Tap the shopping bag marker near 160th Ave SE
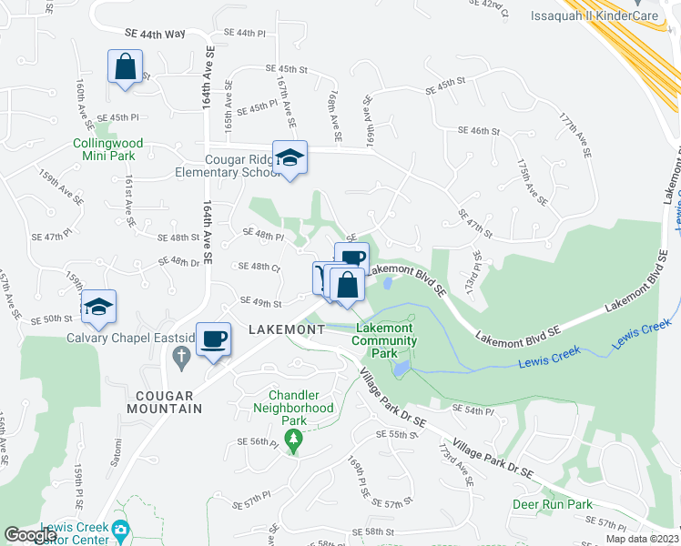[125, 68]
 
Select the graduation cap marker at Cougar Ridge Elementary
[290, 158]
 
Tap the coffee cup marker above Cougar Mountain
[214, 339]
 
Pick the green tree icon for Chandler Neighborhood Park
[293, 442]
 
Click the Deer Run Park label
[552, 504]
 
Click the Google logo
[30, 535]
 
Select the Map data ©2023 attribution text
[641, 539]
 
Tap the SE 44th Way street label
[155, 34]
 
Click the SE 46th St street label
[480, 131]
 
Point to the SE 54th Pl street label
[472, 411]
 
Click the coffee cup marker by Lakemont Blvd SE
[351, 258]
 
